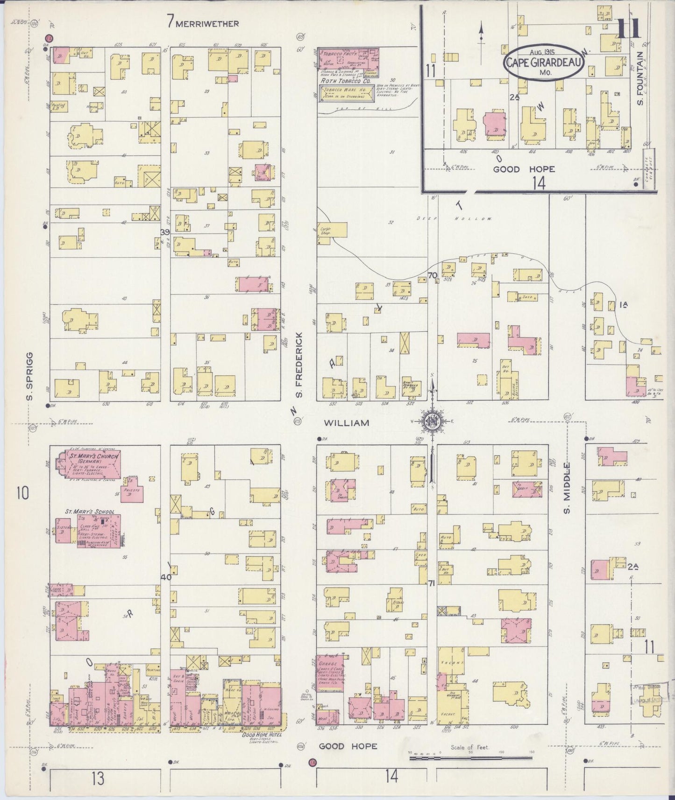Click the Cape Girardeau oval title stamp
coord(543,63)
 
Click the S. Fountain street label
coord(641,78)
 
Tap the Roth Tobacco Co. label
coord(345,80)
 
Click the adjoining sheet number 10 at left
coord(23,493)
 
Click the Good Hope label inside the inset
coord(512,169)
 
